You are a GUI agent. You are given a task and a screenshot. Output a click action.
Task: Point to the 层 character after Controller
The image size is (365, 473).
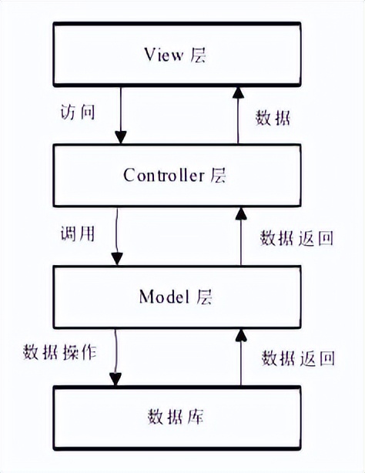[218, 175]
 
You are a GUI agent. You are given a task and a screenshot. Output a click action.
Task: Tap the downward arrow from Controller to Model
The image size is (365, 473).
[116, 235]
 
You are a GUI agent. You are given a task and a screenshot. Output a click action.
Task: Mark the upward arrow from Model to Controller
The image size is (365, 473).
[239, 235]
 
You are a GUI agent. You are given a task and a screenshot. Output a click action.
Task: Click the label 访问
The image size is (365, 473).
[77, 112]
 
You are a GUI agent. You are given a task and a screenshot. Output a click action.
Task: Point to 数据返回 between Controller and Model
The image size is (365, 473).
[296, 238]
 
